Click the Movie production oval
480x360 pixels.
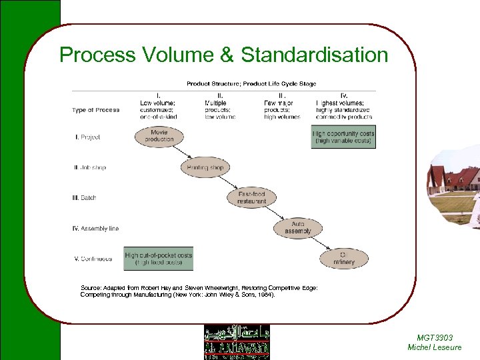[x=158, y=136]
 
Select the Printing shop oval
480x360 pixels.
[x=205, y=167]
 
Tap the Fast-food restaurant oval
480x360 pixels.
[x=251, y=197]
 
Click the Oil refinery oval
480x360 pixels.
[x=344, y=258]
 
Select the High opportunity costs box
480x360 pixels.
[x=343, y=137]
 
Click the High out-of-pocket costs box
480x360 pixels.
[x=158, y=259]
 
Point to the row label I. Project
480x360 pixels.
[x=87, y=137]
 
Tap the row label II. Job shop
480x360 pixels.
[x=89, y=167]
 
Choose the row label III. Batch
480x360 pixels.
[x=85, y=198]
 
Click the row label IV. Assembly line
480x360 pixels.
[x=96, y=229]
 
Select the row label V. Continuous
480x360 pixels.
[x=93, y=259]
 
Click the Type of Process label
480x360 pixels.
[x=96, y=110]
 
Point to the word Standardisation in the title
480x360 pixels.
[x=314, y=55]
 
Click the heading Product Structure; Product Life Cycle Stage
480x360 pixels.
[x=251, y=84]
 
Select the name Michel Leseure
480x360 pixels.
[x=434, y=347]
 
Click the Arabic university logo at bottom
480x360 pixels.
[x=237, y=342]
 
